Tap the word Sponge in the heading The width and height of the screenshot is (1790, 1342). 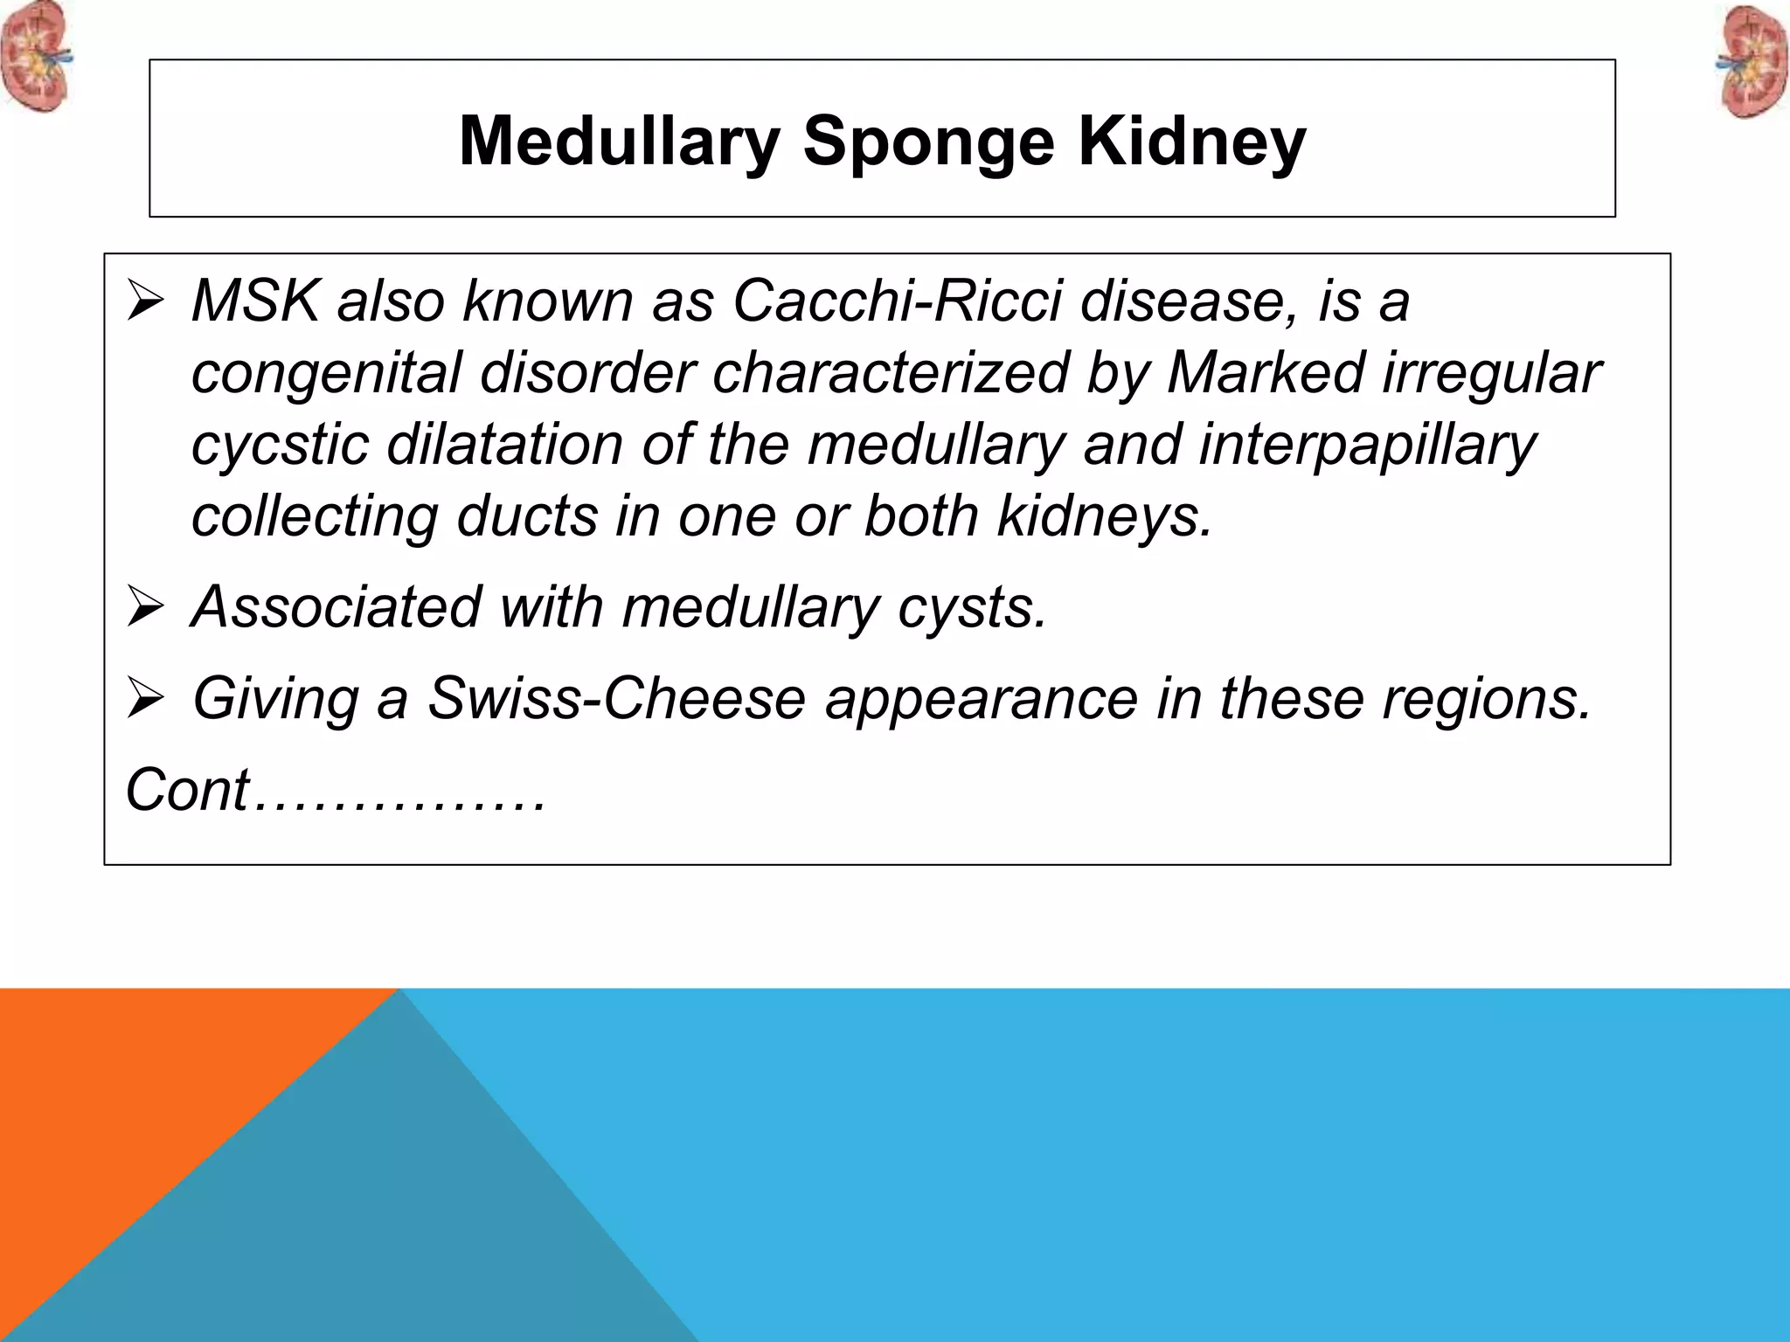tap(928, 142)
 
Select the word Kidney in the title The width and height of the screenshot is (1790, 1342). tap(1191, 142)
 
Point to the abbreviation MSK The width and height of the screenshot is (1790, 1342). tap(254, 301)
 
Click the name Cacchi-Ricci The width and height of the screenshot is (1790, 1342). tap(897, 301)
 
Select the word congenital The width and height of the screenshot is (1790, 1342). tap(326, 373)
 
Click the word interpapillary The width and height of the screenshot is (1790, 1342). tap(1367, 445)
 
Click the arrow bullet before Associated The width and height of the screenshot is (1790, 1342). tap(144, 606)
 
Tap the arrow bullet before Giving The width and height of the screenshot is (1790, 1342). tap(144, 698)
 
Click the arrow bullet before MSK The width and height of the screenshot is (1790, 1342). tap(144, 301)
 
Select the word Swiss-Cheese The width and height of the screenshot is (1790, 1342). tap(616, 698)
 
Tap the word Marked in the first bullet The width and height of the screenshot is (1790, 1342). tap(1265, 373)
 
